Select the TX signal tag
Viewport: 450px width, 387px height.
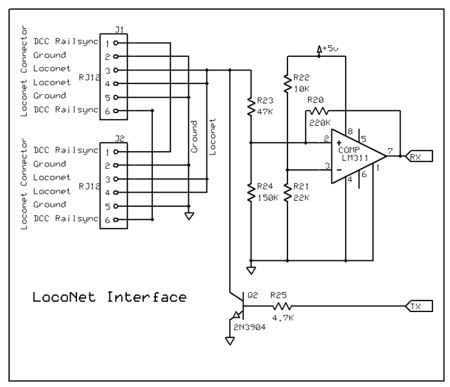pos(414,306)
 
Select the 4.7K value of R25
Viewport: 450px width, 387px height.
pos(282,319)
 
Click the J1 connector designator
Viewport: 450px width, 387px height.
pos(118,29)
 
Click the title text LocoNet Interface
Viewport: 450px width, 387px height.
pos(109,298)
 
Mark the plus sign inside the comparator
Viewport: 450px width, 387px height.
pos(339,141)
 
